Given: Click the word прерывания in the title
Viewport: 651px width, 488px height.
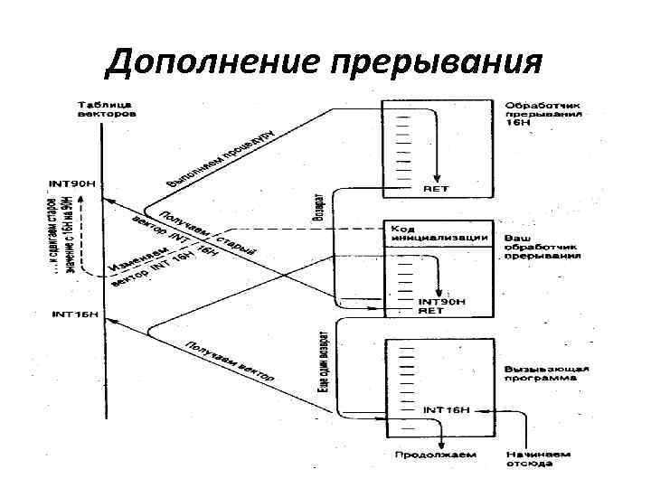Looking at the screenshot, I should (439, 65).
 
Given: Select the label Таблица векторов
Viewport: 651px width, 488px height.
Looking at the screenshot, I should (108, 110).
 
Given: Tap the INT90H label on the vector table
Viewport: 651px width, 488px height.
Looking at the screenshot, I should (71, 185).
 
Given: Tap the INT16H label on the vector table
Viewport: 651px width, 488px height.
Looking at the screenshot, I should (76, 315).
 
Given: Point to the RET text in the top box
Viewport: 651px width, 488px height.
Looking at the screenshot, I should (436, 188).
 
